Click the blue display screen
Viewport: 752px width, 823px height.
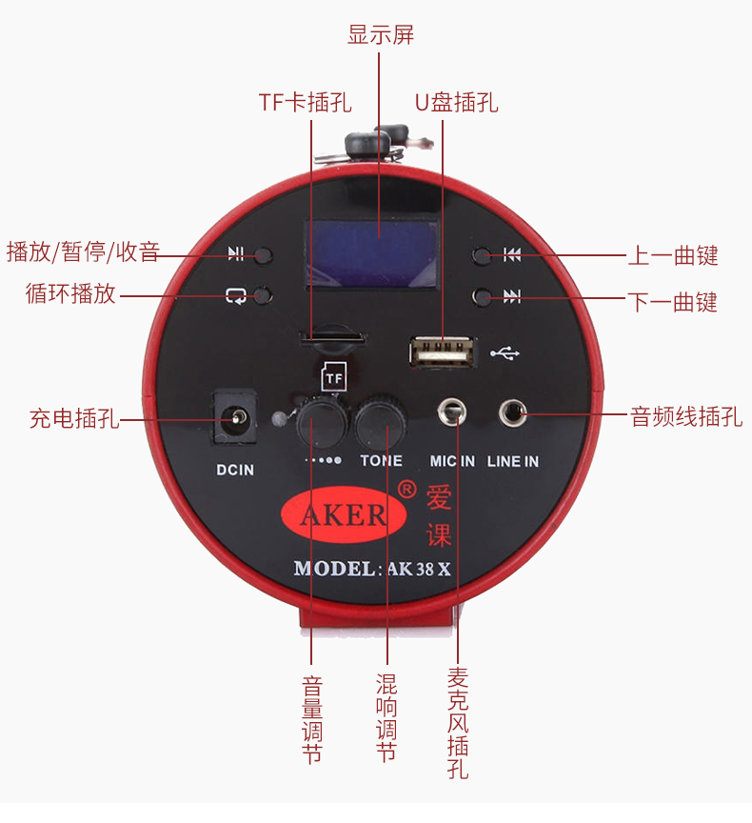coord(371,254)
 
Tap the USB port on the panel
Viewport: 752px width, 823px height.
coord(443,352)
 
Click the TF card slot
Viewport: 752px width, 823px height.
coord(332,336)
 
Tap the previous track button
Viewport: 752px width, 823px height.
coord(484,255)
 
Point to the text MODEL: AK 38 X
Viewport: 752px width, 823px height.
coord(371,569)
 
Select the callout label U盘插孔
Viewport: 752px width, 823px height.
coord(456,102)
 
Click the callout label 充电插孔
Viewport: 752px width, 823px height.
coord(74,418)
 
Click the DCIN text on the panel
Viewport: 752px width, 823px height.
coord(234,469)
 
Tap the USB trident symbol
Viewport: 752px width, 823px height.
coord(505,353)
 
